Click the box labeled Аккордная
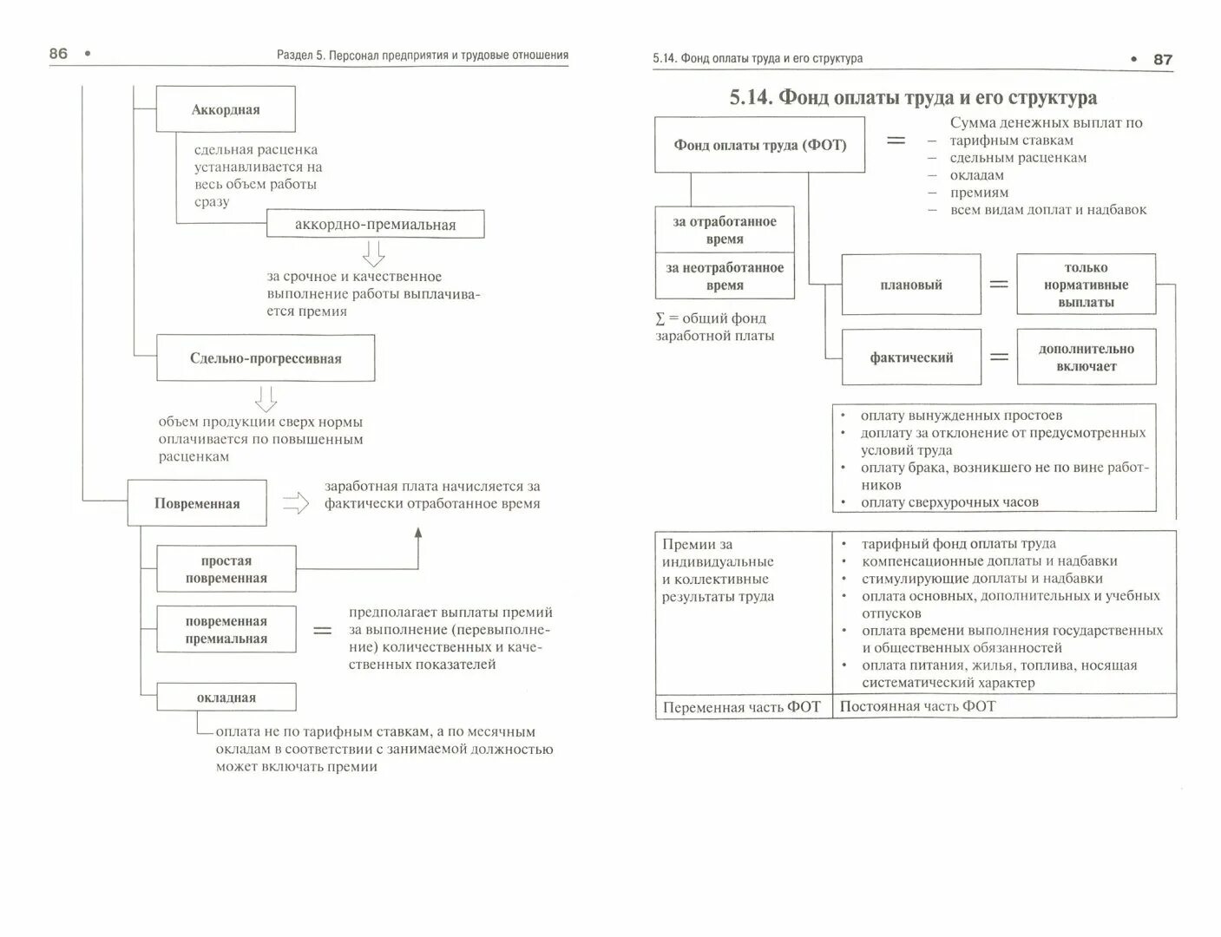[226, 109]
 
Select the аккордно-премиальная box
[375, 225]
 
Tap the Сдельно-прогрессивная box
[266, 358]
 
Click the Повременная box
[197, 503]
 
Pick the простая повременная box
[226, 569]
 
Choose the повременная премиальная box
[226, 630]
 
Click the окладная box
[226, 698]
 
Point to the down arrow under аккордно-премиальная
[374, 253]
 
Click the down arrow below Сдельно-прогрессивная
[266, 398]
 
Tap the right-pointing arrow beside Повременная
[296, 503]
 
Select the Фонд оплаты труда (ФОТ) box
[759, 145]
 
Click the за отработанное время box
[725, 230]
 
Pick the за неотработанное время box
[725, 277]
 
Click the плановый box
[911, 285]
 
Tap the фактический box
[911, 357]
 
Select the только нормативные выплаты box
[1086, 285]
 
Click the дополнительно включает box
[1086, 357]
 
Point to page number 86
[58, 54]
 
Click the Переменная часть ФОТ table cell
[742, 707]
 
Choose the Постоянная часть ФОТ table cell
[1004, 706]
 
